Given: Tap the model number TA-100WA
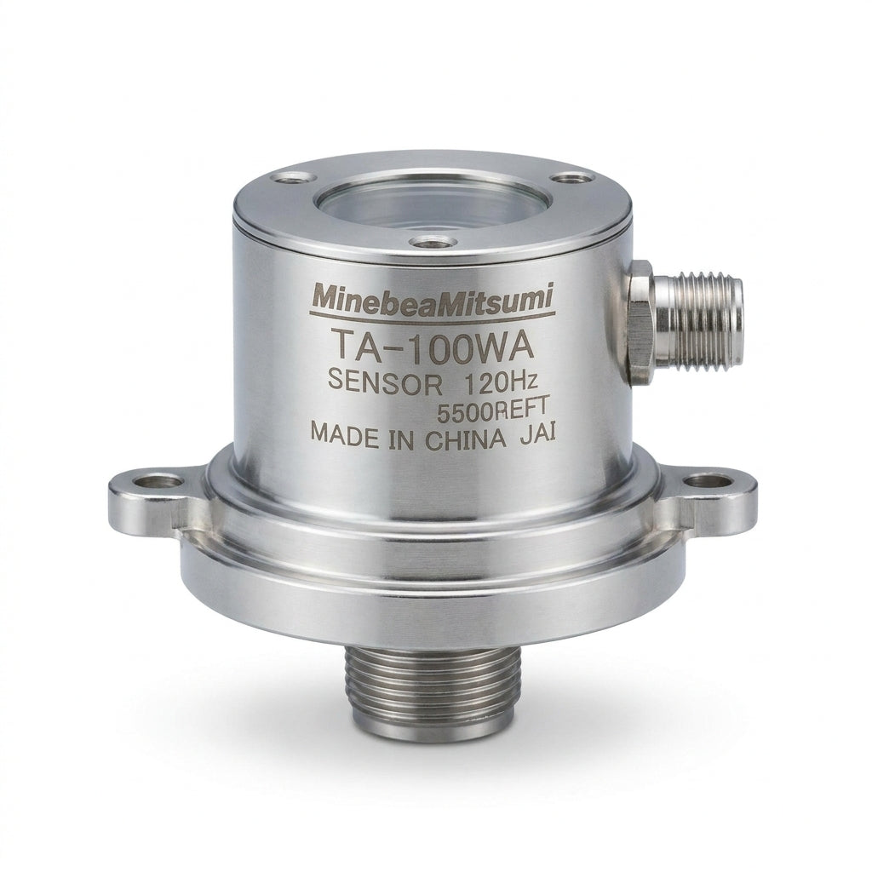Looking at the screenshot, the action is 432,347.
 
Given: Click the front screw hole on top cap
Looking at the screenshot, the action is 432,242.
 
